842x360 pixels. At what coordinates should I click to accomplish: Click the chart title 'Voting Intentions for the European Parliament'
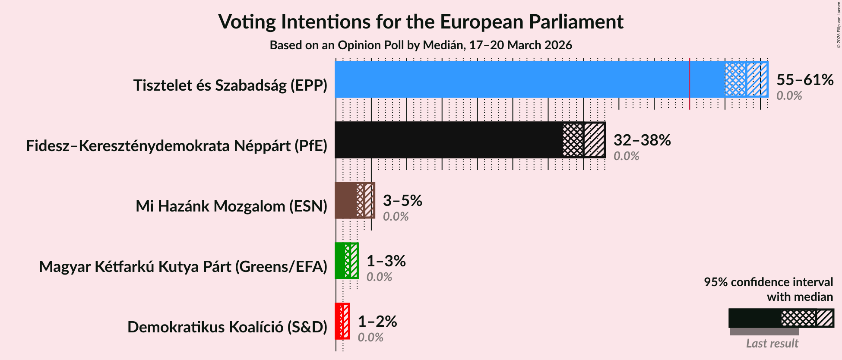[x=421, y=22]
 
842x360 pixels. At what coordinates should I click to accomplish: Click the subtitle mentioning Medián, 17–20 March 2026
[x=421, y=45]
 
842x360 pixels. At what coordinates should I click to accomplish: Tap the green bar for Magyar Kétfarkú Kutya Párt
[x=340, y=261]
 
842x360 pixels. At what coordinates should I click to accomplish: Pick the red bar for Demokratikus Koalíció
[x=339, y=321]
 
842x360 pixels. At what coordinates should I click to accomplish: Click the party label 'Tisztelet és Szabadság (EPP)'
[x=230, y=85]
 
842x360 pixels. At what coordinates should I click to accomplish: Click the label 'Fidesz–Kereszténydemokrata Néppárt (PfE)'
[x=177, y=146]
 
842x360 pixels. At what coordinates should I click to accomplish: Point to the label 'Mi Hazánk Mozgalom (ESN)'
[x=231, y=206]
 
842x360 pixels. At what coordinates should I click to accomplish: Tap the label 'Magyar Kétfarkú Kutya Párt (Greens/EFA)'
[x=183, y=267]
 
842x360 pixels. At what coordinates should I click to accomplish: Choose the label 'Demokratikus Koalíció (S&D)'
[x=227, y=327]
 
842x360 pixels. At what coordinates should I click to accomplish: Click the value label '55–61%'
[x=804, y=79]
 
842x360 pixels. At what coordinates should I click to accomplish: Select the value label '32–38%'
[x=642, y=140]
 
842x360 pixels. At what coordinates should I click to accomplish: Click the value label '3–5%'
[x=402, y=200]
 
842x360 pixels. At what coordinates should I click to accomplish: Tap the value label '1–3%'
[x=386, y=261]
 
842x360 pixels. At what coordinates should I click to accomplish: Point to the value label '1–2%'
[x=377, y=321]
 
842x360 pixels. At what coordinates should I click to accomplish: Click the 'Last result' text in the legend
[x=772, y=344]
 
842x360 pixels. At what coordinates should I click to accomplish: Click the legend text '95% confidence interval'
[x=768, y=282]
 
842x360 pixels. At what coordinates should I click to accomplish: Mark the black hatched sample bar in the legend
[x=781, y=318]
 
